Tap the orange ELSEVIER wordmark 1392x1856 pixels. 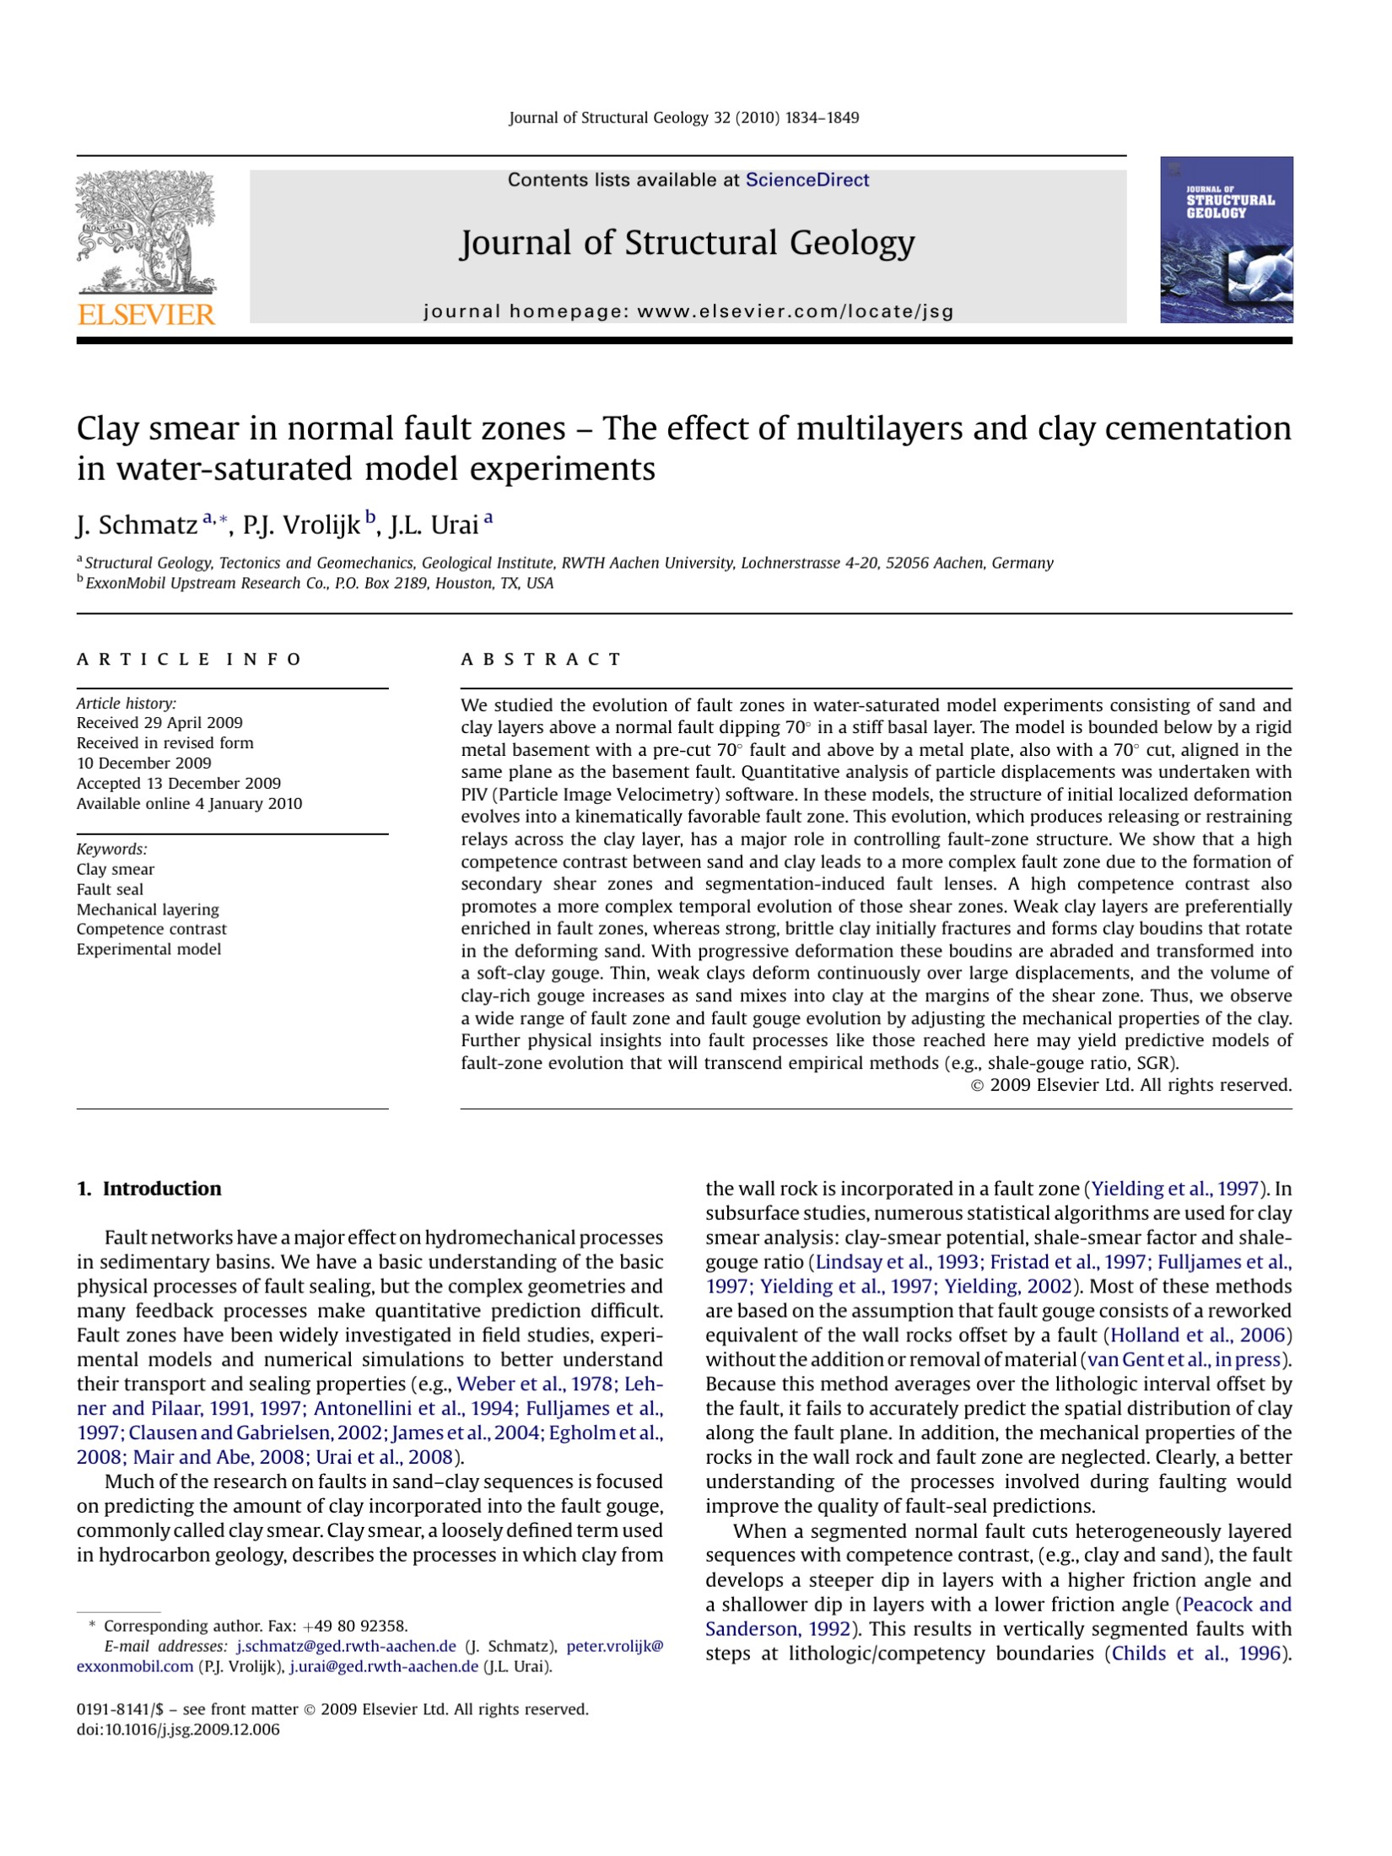tap(146, 315)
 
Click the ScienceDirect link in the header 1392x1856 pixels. tap(807, 180)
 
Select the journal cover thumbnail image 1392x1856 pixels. tap(1226, 240)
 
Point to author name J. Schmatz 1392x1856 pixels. tap(137, 526)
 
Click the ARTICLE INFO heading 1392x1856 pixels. tap(189, 659)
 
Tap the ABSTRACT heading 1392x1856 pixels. tap(541, 659)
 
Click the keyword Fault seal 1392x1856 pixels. tap(110, 889)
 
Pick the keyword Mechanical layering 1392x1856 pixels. tap(148, 909)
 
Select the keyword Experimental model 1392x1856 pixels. tap(148, 949)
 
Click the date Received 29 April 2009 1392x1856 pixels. tap(159, 723)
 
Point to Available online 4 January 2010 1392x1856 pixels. tap(189, 803)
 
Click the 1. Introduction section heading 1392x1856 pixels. tap(148, 1189)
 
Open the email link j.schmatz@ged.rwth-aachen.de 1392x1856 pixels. tap(346, 1646)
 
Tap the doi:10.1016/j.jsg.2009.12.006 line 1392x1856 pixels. tap(178, 1729)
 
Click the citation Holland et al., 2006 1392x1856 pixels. tap(1198, 1335)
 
